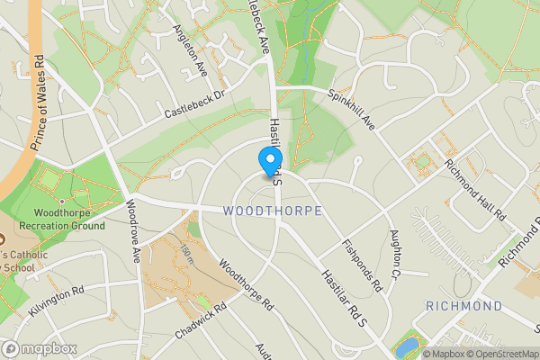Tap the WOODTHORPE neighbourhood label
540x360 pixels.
(x=271, y=211)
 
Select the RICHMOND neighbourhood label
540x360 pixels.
(x=463, y=306)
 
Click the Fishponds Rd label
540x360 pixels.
(x=363, y=265)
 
